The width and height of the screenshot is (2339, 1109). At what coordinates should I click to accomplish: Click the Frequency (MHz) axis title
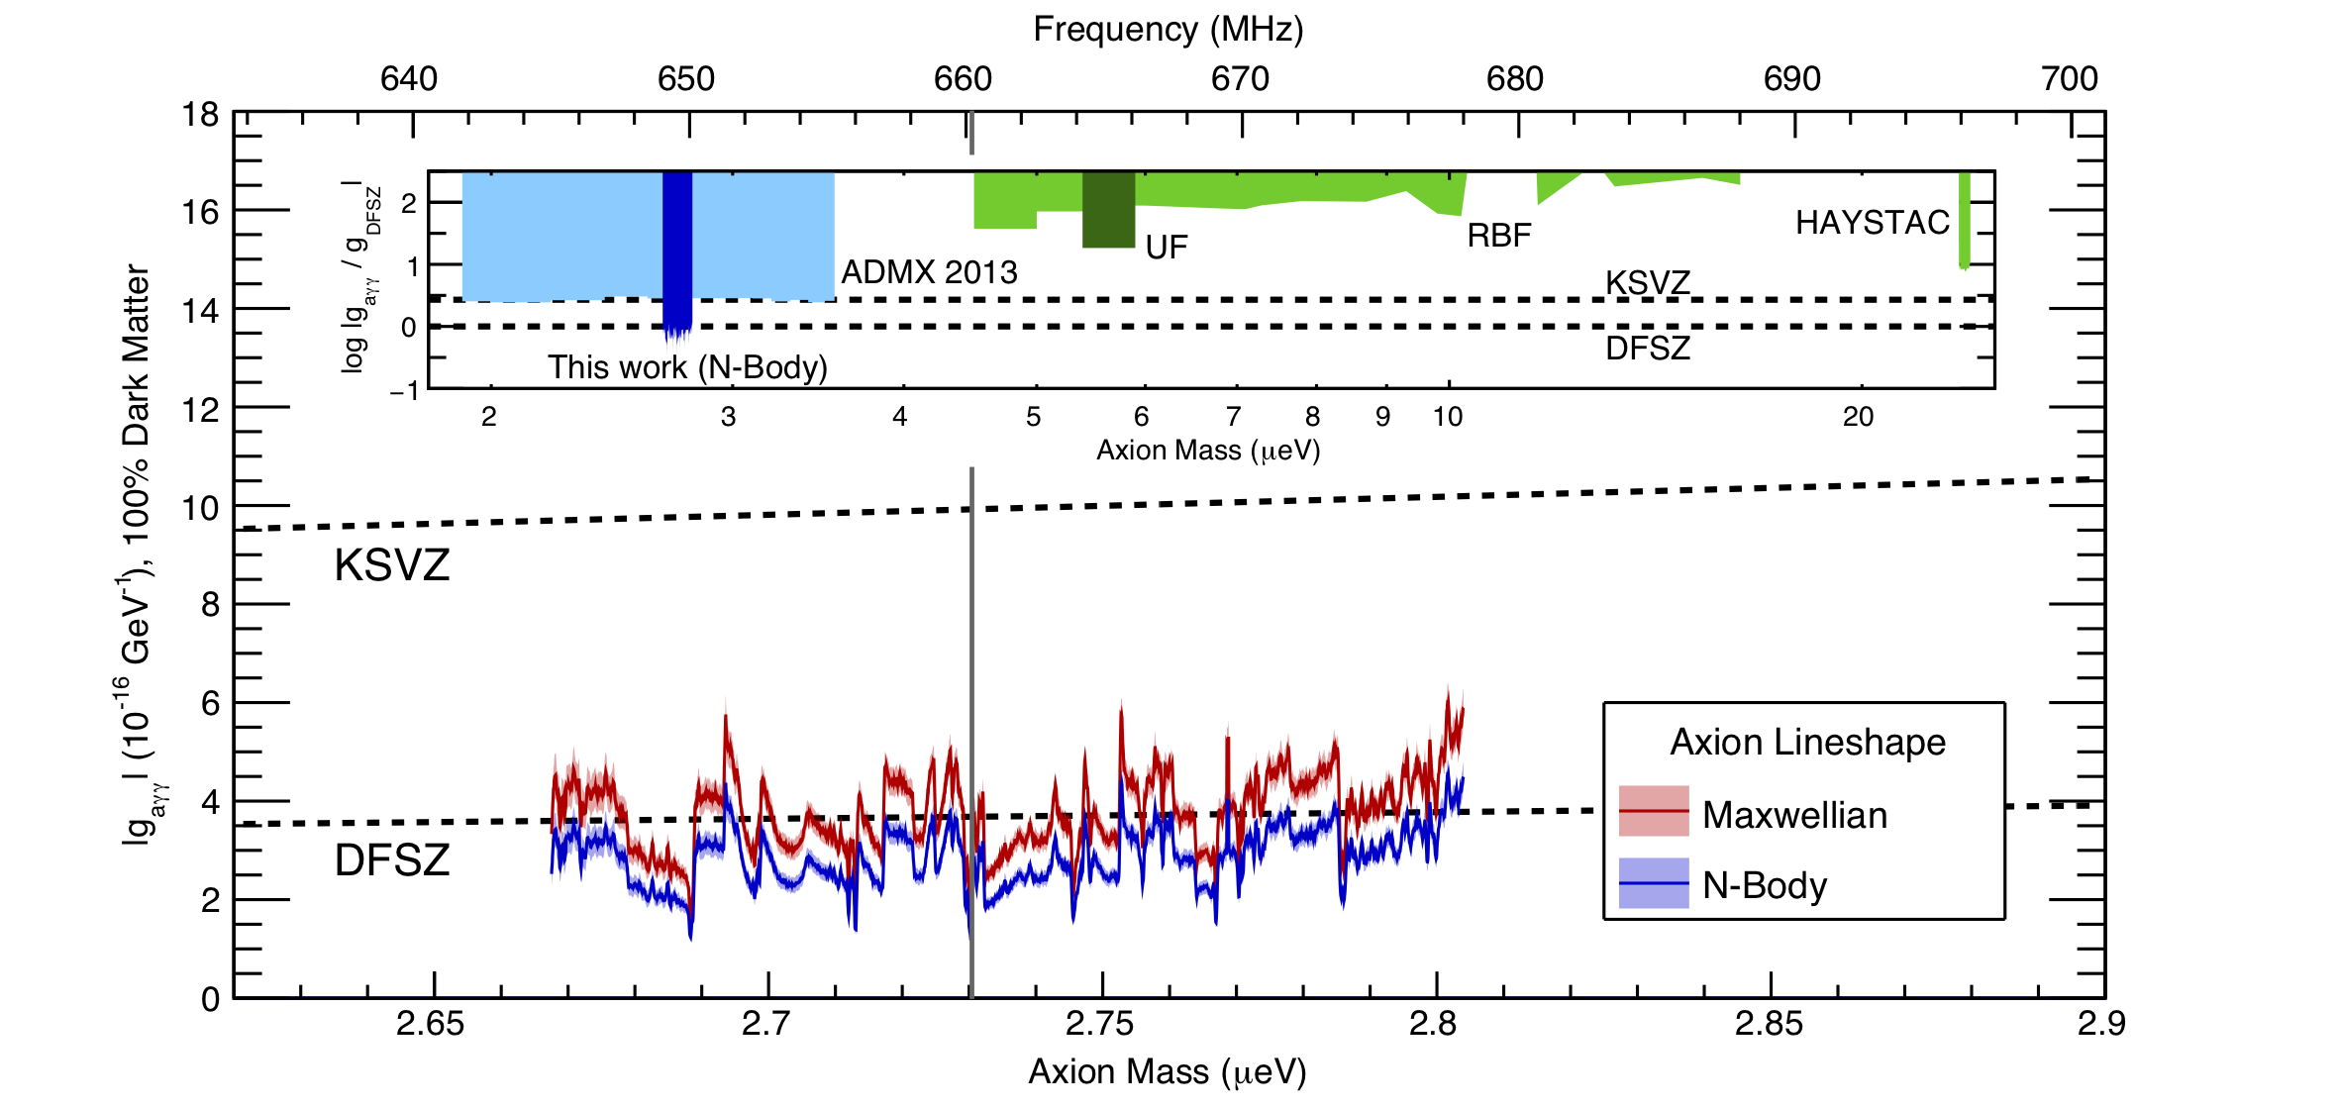[x=1168, y=29]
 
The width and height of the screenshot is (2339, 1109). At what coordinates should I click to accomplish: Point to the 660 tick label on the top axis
[x=963, y=79]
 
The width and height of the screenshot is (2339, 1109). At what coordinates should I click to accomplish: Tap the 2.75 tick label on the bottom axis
[x=1099, y=1024]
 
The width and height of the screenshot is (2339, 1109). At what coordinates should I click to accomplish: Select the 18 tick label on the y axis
[x=201, y=115]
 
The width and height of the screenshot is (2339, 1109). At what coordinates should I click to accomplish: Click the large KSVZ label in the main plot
[x=392, y=565]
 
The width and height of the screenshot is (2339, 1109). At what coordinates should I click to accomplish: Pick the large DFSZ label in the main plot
[x=392, y=859]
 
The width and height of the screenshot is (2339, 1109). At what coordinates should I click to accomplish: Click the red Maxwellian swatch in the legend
[x=1654, y=811]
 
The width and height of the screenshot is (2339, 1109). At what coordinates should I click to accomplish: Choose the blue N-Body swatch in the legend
[x=1654, y=883]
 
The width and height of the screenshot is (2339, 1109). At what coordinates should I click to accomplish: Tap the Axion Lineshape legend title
[x=1807, y=742]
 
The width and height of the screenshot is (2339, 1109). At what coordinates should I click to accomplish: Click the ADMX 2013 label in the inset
[x=929, y=272]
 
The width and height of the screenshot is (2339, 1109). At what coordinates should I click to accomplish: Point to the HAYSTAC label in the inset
[x=1873, y=223]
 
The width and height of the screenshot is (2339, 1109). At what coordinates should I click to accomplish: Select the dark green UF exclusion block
[x=1108, y=210]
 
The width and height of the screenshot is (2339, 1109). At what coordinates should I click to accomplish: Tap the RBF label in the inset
[x=1498, y=236]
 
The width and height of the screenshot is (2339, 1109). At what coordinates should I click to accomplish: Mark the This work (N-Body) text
[x=687, y=367]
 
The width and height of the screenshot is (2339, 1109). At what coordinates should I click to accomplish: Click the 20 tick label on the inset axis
[x=1858, y=417]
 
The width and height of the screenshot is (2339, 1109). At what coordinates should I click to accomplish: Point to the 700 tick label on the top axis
[x=2070, y=79]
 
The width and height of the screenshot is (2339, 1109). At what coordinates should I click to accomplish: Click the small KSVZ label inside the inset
[x=1647, y=283]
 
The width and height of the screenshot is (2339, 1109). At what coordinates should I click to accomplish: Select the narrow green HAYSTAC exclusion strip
[x=1965, y=220]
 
